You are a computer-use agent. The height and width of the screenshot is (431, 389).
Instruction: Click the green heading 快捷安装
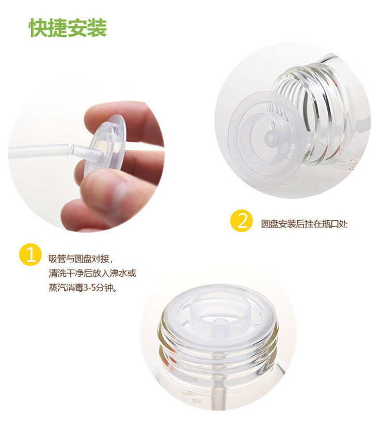coord(67,28)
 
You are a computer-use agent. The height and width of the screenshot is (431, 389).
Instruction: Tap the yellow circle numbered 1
coord(31,254)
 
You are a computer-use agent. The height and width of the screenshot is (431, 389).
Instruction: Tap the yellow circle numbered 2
coord(242,221)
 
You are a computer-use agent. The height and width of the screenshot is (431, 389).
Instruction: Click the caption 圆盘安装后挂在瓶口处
coord(304,224)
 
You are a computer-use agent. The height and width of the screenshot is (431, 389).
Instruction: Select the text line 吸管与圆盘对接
coord(79,259)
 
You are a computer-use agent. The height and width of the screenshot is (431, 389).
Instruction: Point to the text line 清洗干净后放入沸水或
coord(92,273)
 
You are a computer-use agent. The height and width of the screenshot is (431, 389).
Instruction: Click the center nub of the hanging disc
coord(272,138)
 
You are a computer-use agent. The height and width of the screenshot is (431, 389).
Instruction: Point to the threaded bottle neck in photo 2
coord(313,113)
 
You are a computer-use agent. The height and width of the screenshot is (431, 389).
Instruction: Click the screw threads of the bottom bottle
coord(218,355)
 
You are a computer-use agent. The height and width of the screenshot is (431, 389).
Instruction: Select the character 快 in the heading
coord(38,28)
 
